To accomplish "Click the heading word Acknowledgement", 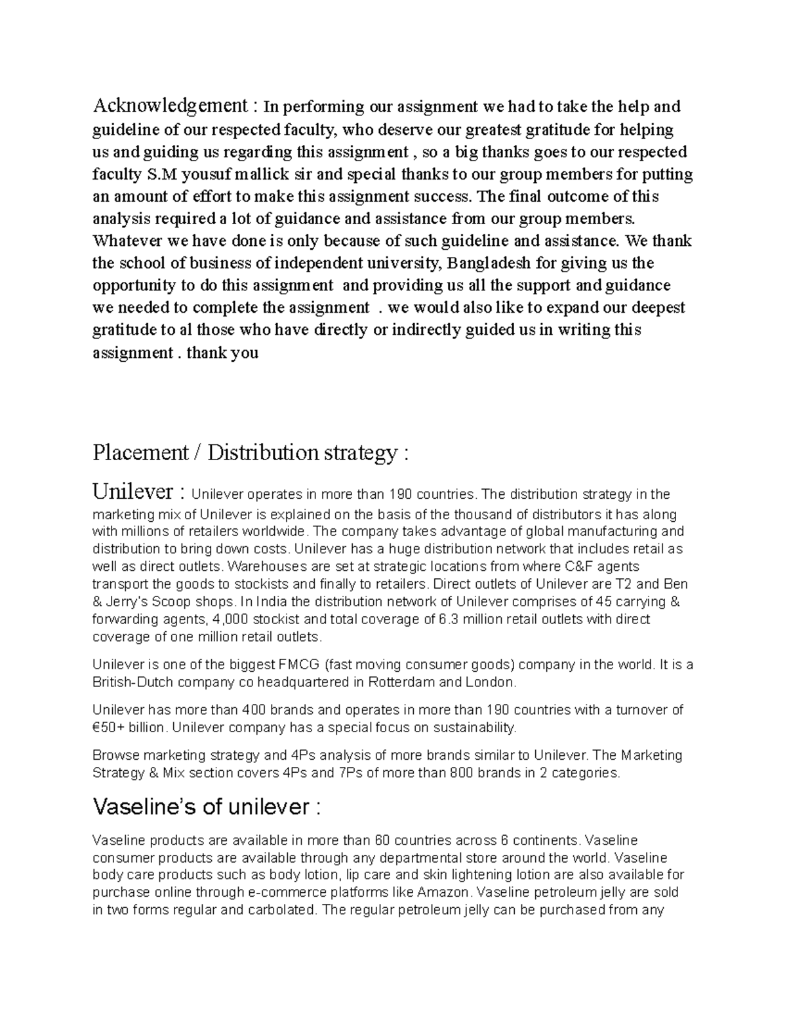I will pos(170,105).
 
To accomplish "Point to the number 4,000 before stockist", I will pos(231,619).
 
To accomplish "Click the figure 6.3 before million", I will pos(449,619).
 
